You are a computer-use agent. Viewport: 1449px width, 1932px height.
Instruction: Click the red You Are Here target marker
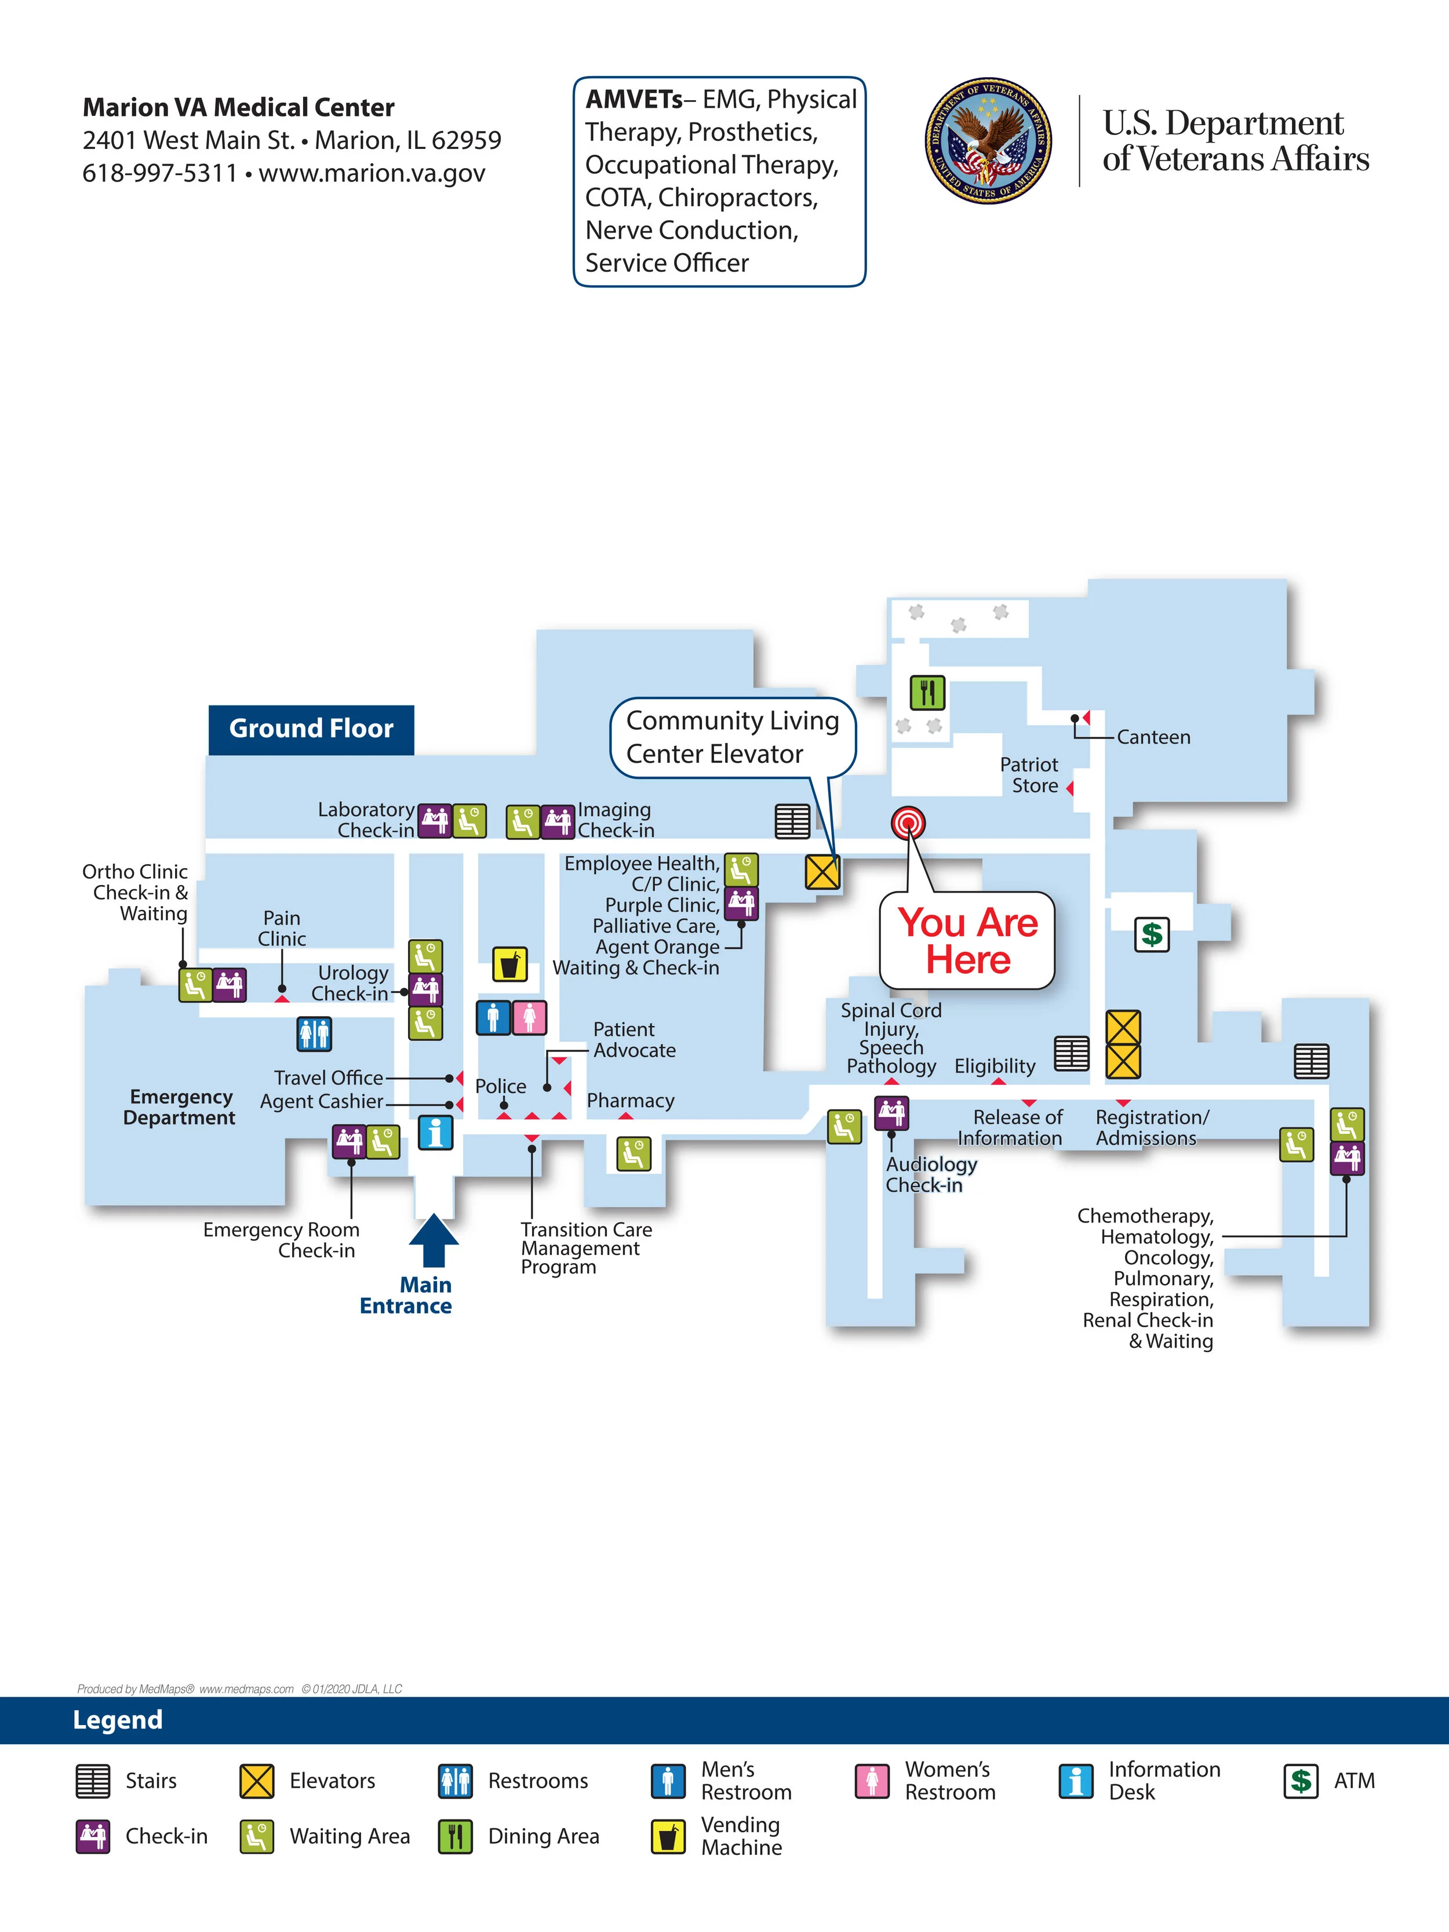click(x=908, y=823)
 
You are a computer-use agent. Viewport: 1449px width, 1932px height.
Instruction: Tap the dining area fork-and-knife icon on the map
click(x=927, y=693)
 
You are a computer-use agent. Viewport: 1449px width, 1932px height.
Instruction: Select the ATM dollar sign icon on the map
click(x=1151, y=934)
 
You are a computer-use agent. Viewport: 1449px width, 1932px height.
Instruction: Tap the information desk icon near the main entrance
click(x=435, y=1132)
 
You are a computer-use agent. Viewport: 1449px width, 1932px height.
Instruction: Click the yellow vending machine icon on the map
click(x=509, y=964)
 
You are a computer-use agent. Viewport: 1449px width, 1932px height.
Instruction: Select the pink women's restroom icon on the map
click(x=529, y=1017)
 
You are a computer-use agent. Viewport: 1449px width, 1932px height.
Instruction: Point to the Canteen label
click(x=1153, y=737)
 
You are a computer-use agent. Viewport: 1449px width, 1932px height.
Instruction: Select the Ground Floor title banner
click(x=311, y=729)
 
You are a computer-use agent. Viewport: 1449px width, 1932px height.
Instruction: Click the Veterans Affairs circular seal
click(x=988, y=141)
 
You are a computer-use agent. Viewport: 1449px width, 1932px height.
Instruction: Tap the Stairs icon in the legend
click(x=93, y=1781)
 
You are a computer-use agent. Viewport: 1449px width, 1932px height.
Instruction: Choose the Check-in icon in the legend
click(x=93, y=1836)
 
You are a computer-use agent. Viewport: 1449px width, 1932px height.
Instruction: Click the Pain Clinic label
click(x=281, y=929)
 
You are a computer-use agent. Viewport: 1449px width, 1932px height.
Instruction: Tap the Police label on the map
click(x=500, y=1086)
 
